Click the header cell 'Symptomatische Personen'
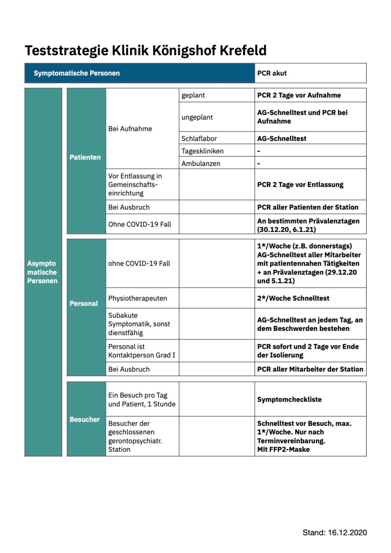coord(77,73)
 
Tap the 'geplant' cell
coord(193,95)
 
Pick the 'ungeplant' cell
coord(198,117)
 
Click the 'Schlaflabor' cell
coord(199,138)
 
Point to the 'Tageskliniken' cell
coord(203,151)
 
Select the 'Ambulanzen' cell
coord(200,163)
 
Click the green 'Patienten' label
coord(85,157)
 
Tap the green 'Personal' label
coord(84,303)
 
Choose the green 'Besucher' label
coord(85,419)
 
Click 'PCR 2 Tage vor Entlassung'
coord(300,184)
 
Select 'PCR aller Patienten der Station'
coord(307,207)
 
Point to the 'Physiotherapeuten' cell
coord(138,298)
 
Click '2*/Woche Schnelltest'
coord(293,298)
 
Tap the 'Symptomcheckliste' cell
coord(289,399)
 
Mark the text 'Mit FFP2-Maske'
coord(283,449)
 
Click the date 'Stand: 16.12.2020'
coord(334,532)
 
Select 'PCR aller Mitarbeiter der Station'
coord(310,369)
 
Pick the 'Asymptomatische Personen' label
coord(43,272)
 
